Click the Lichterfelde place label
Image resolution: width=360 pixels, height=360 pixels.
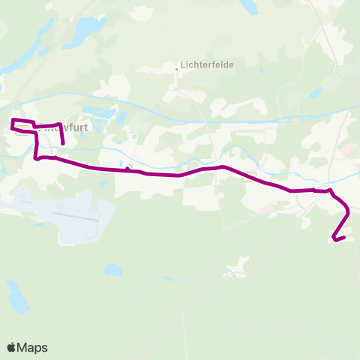208,65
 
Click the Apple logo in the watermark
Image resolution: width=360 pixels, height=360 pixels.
11,347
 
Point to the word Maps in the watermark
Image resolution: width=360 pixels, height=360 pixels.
32,347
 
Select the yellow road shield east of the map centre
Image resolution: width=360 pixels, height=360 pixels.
249,176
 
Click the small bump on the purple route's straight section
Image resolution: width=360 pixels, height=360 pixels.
128,169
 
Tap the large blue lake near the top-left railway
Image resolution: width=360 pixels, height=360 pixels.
88,28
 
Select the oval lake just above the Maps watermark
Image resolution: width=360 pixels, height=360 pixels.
16,297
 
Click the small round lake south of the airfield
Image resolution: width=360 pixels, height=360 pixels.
113,268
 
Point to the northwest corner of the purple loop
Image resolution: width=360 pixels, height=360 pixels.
12,119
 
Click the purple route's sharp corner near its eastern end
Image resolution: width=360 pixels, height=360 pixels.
331,190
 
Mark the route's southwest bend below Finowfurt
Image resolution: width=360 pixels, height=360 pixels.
37,157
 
